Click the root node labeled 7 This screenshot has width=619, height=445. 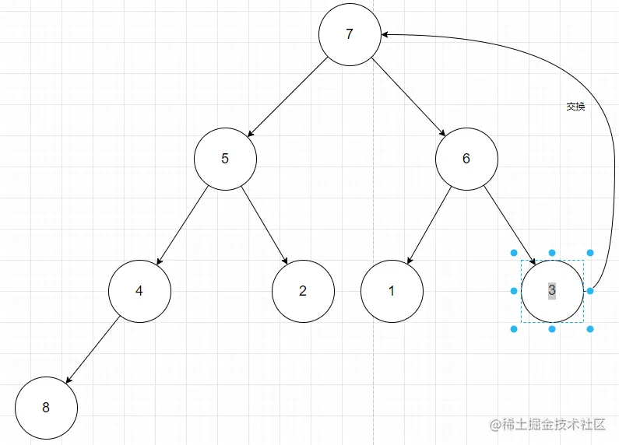(x=350, y=34)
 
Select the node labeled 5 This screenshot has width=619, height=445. (x=225, y=159)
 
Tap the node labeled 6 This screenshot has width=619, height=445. (x=466, y=159)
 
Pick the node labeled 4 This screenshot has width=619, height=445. (x=139, y=291)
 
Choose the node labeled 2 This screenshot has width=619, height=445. (x=303, y=291)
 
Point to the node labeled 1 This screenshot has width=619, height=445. (x=392, y=291)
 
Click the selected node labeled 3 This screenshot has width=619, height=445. (x=552, y=291)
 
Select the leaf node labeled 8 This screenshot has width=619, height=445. (x=46, y=408)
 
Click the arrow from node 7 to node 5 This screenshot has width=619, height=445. (x=287, y=96)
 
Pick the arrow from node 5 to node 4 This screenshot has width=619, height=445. (x=182, y=225)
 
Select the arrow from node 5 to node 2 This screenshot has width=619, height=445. (x=264, y=225)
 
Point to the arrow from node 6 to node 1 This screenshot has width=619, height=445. (x=429, y=225)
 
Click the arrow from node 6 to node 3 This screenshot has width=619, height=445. (x=509, y=225)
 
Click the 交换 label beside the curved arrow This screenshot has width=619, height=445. (x=575, y=107)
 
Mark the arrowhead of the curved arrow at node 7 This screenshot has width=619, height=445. (x=386, y=34)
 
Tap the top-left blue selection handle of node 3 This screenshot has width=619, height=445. (x=514, y=253)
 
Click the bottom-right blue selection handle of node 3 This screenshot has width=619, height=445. (x=590, y=329)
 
